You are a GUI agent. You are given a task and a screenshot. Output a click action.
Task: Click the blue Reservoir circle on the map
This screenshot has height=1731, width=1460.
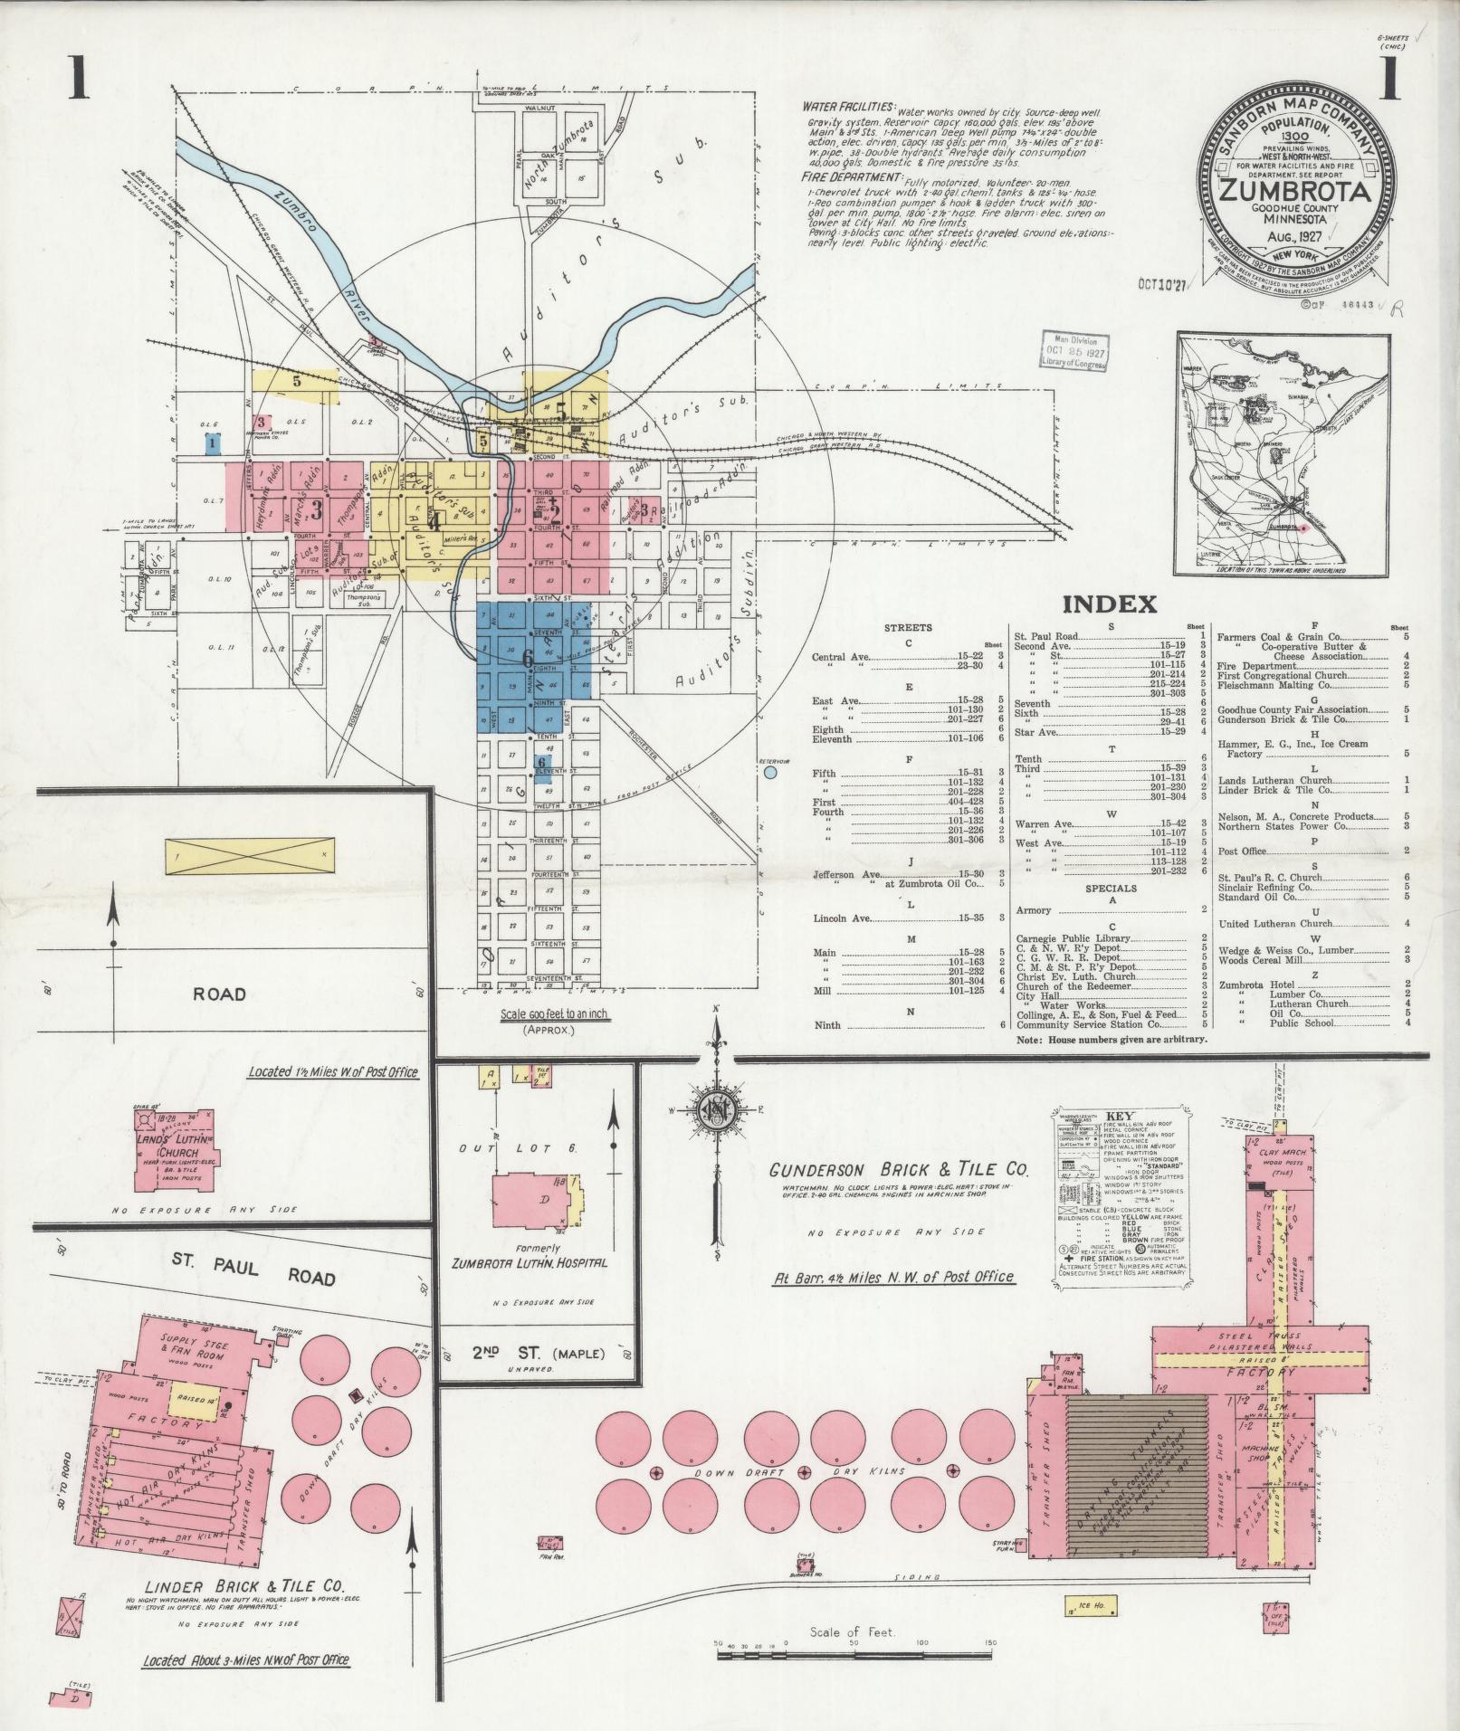click(x=770, y=773)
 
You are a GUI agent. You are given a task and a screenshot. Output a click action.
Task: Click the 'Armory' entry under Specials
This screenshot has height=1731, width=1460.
click(x=1034, y=910)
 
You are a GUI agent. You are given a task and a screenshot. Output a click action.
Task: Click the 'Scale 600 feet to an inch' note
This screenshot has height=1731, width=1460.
click(x=555, y=1015)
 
